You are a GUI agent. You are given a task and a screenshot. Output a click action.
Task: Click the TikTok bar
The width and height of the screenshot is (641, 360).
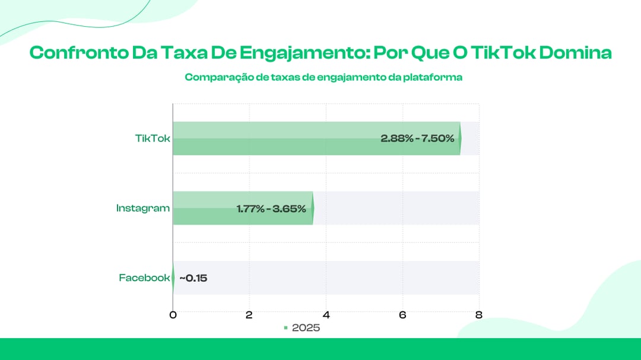click(x=317, y=139)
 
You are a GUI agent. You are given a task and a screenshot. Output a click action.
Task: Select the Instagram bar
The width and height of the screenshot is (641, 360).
click(x=243, y=208)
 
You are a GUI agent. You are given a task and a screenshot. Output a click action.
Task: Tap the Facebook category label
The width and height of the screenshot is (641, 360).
click(x=144, y=278)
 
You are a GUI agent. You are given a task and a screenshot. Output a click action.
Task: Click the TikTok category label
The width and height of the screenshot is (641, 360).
click(x=153, y=139)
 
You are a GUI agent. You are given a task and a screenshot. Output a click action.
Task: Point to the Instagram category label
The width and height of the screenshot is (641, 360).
click(x=142, y=208)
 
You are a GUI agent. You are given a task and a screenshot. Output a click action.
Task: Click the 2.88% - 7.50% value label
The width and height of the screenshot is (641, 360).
click(x=417, y=139)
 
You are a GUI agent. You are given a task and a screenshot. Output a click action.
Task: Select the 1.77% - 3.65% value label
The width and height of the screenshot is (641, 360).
click(x=271, y=209)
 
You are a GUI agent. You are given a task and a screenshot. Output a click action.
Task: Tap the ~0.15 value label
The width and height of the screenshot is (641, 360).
click(x=193, y=278)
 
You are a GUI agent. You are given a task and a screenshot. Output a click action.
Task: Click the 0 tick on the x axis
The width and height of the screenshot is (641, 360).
click(x=173, y=315)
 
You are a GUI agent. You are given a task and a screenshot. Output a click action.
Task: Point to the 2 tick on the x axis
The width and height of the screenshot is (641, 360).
click(x=249, y=315)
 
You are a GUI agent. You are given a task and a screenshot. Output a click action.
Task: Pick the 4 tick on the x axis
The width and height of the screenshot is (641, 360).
click(x=326, y=315)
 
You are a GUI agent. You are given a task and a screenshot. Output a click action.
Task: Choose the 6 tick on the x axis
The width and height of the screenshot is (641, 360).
click(x=402, y=315)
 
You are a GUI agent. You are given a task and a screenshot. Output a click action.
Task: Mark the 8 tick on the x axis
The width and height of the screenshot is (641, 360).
click(x=479, y=315)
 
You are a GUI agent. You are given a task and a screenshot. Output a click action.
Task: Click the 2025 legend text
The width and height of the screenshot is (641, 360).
click(x=306, y=328)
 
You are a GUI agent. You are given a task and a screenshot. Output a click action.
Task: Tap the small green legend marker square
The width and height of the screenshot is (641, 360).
click(x=285, y=328)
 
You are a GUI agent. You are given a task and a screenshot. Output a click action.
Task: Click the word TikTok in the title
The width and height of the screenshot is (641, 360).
click(x=503, y=53)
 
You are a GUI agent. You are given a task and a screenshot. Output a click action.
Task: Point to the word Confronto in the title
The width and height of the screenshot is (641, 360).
click(x=78, y=53)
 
